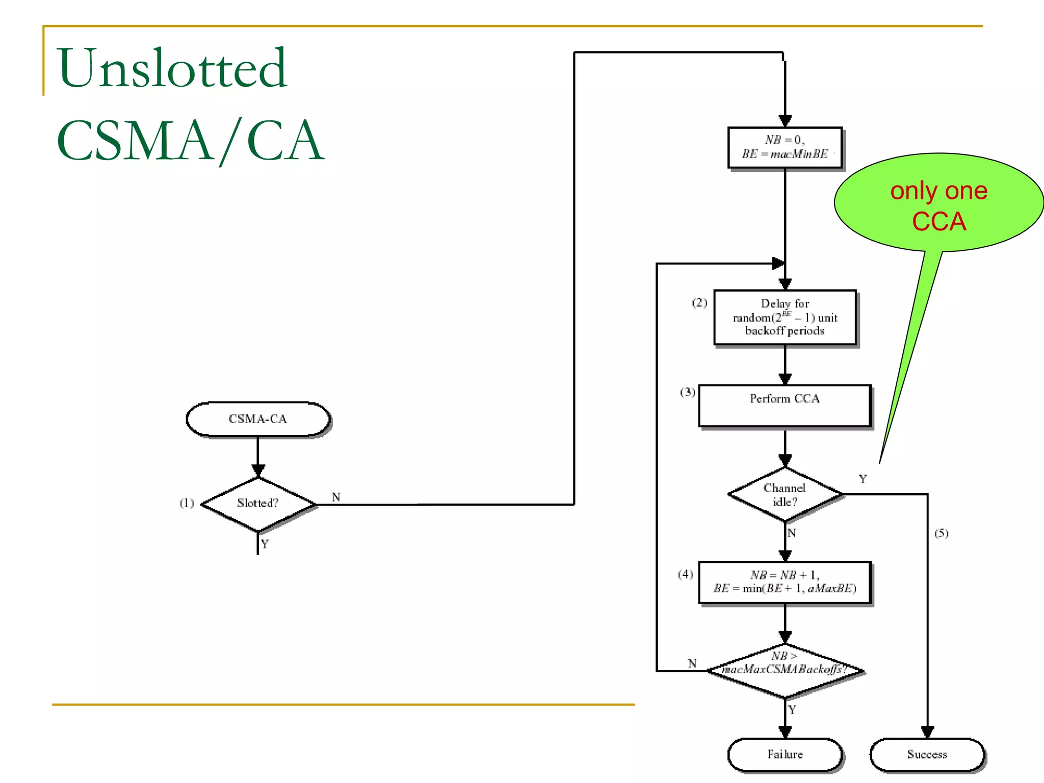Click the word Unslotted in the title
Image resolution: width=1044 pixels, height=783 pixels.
coord(172,69)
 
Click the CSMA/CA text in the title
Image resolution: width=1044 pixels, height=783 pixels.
coord(190,140)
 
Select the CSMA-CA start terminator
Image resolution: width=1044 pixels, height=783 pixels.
coord(258,419)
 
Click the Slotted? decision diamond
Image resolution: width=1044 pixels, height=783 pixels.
coord(258,504)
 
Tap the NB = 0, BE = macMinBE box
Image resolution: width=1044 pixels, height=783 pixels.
coord(785,147)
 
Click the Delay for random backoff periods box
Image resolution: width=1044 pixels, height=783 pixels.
coord(785,318)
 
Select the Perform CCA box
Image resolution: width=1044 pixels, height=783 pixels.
coord(785,406)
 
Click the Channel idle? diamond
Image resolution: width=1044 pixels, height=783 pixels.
coord(785,494)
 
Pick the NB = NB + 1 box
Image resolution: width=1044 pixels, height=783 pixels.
coord(785,582)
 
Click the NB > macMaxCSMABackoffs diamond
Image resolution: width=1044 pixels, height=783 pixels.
coord(785,670)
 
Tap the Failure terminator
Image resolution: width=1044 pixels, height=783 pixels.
coord(785,754)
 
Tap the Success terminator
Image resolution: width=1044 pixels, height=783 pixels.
coord(927,754)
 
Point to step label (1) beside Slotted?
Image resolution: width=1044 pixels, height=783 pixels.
coord(187,503)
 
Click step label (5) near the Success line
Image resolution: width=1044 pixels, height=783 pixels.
coord(941,533)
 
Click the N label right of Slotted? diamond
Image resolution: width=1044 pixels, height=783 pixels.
coord(336,497)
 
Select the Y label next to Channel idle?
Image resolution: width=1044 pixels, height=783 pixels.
coord(863,479)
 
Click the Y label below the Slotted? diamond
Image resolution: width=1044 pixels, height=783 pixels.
coord(265,544)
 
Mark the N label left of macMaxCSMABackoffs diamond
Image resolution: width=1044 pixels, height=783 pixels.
coord(692,663)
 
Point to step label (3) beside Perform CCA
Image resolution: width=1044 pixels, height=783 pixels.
coord(687,392)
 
